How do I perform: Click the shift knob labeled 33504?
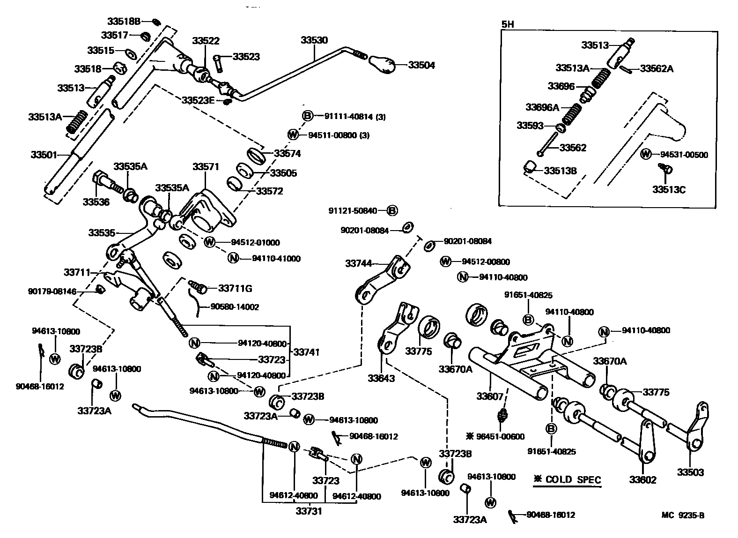pyautogui.click(x=383, y=64)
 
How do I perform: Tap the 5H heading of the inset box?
pyautogui.click(x=508, y=25)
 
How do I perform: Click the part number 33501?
pyautogui.click(x=44, y=154)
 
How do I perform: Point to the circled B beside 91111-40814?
pyautogui.click(x=307, y=116)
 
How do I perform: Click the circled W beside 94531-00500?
pyautogui.click(x=646, y=154)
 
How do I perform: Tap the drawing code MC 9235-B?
pyautogui.click(x=683, y=516)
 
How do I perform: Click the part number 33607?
pyautogui.click(x=490, y=396)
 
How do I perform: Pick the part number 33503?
pyautogui.click(x=690, y=472)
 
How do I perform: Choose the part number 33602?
pyautogui.click(x=642, y=480)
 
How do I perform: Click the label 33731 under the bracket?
pyautogui.click(x=308, y=511)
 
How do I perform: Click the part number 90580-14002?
pyautogui.click(x=235, y=307)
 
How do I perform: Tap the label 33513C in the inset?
pyautogui.click(x=670, y=189)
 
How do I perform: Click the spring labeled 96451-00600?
pyautogui.click(x=503, y=415)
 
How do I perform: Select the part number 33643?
pyautogui.click(x=381, y=378)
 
